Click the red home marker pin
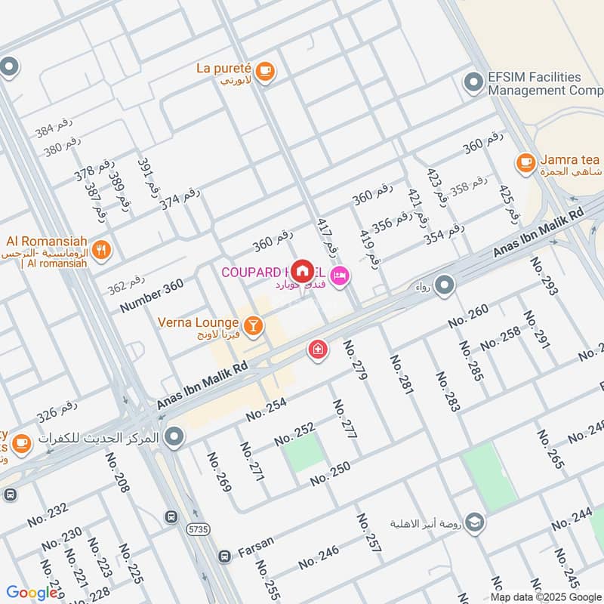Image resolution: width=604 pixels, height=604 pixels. click(303, 271)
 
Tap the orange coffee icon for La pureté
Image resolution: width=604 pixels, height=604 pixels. click(264, 71)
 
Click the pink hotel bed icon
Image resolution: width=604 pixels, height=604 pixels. click(340, 276)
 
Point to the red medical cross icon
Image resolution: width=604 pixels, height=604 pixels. click(318, 350)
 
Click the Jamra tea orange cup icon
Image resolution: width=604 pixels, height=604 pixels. click(525, 162)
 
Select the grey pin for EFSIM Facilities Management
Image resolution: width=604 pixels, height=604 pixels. click(474, 82)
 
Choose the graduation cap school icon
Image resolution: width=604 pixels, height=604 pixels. click(474, 522)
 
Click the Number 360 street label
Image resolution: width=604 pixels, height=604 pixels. click(151, 296)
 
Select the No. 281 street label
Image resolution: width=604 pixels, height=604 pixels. click(403, 374)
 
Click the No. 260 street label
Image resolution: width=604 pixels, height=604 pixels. click(468, 315)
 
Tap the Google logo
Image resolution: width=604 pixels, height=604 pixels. click(32, 593)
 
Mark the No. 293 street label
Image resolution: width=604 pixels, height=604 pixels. click(543, 276)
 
